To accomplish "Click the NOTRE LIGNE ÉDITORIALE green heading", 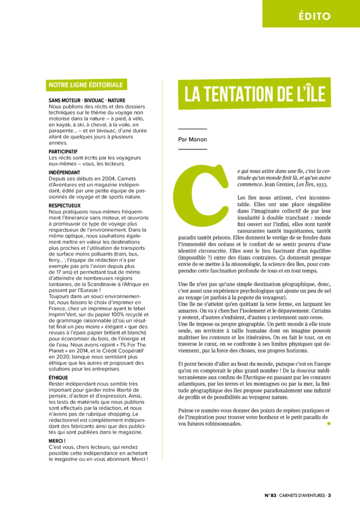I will click(86, 85).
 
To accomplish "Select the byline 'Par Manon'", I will click(192, 139).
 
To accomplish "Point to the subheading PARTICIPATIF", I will click(63, 151).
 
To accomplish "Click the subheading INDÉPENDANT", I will click(65, 172).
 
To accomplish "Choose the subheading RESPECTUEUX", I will click(65, 205).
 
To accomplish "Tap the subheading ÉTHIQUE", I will click(58, 378).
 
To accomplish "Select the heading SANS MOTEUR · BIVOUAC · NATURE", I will click(87, 100).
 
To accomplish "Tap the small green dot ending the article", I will click(328, 424).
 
